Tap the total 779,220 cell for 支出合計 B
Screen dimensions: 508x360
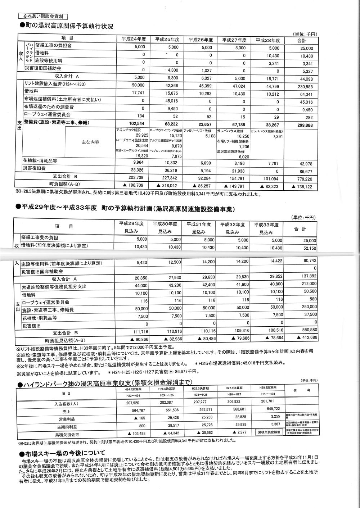[x=304, y=179]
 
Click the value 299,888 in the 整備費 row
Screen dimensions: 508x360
[x=304, y=125]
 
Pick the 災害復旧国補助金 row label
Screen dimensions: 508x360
[x=43, y=69]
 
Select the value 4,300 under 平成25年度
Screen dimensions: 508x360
[x=171, y=70]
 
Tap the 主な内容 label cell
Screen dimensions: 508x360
[x=90, y=142]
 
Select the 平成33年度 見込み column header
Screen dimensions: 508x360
[x=267, y=228]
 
